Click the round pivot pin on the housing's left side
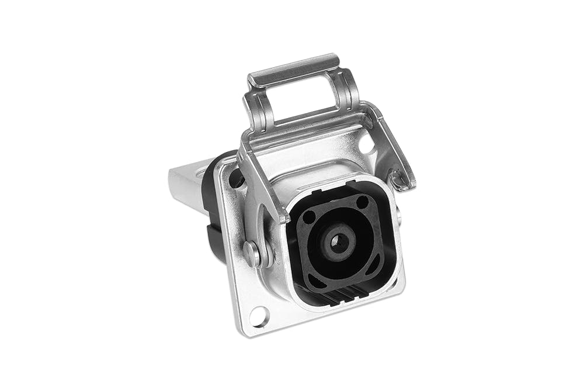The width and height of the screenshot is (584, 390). point(252,253)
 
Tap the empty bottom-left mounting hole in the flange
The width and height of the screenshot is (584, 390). point(258,317)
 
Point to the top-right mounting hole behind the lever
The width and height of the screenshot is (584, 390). point(366,144)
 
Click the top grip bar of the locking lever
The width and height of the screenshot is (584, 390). point(294,70)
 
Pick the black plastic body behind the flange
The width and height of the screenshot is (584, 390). point(211,210)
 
